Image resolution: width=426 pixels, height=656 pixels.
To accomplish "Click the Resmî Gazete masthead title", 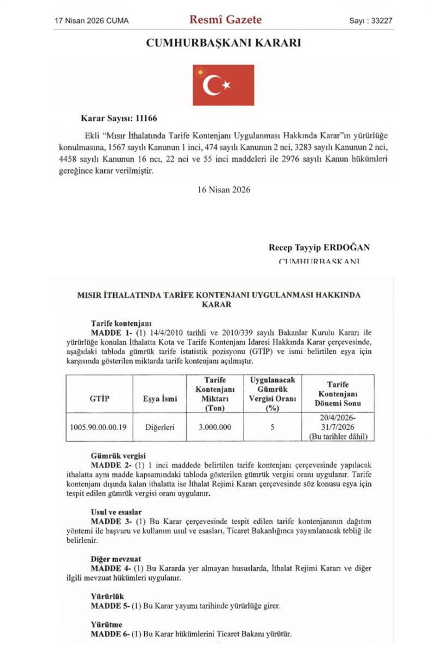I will tap(225, 20).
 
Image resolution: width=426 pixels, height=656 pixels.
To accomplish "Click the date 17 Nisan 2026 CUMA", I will tap(92, 21).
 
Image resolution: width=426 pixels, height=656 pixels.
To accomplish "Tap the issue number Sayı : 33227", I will tap(371, 21).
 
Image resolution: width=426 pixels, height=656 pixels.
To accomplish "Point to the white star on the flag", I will tap(226, 85).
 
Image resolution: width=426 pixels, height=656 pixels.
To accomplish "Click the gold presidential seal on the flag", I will tap(200, 72).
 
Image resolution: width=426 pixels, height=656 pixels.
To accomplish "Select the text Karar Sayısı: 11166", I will tap(119, 118).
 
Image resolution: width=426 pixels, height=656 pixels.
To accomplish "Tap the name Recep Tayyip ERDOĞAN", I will tap(319, 248).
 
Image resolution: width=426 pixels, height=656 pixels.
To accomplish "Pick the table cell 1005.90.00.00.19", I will tap(100, 427).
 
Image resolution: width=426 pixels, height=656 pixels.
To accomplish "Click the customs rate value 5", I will tap(272, 427).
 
